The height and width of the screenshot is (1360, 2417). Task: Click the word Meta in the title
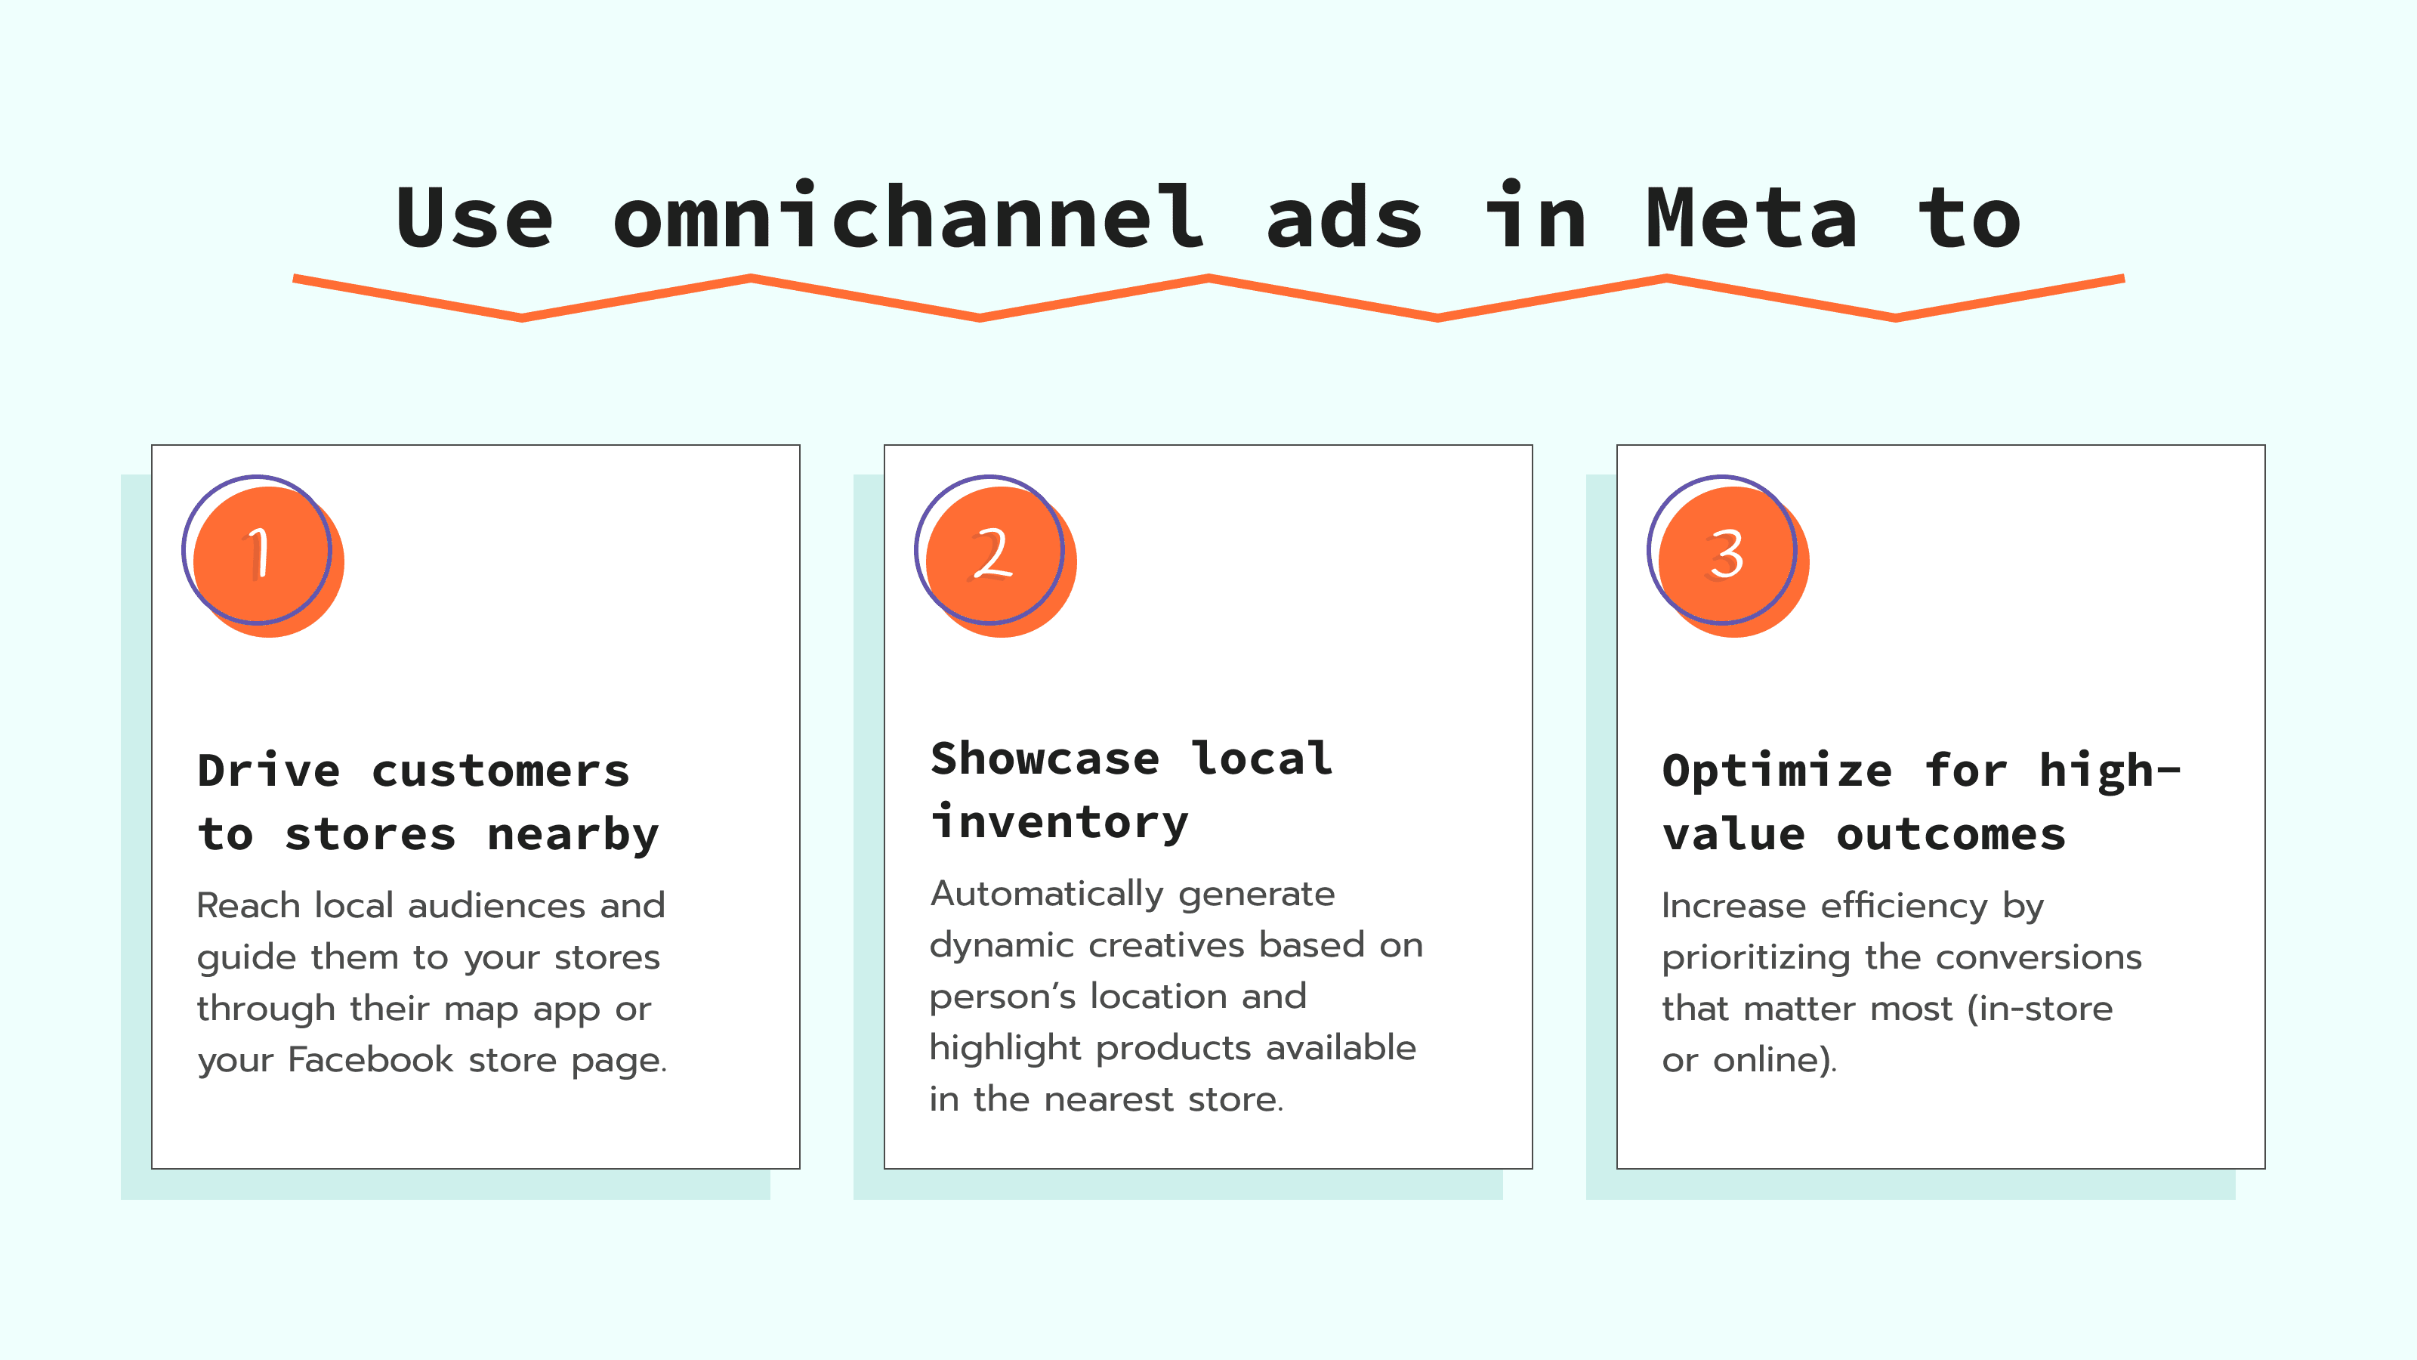[x=1751, y=218]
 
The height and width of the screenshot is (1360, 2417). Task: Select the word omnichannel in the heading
[x=908, y=218]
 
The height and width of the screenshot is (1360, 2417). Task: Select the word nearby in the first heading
[x=573, y=834]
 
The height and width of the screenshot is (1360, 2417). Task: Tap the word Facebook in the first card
[x=371, y=1059]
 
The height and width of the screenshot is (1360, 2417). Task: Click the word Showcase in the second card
[x=1045, y=759]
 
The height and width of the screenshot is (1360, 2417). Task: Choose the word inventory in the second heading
[x=1059, y=822]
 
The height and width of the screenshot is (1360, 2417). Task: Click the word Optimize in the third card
[x=1777, y=771]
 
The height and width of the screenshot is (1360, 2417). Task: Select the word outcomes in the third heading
[x=1951, y=834]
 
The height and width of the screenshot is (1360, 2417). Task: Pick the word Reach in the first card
[x=248, y=906]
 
